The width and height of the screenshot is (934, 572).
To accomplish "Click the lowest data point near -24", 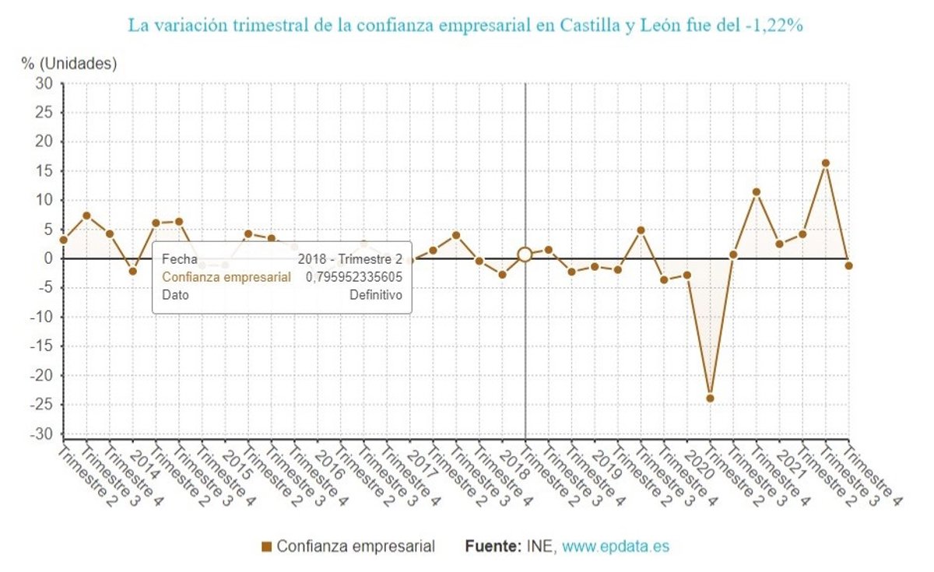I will click(x=710, y=398).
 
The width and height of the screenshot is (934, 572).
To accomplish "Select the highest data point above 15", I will click(x=826, y=163).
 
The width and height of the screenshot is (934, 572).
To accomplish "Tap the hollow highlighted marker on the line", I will click(x=525, y=254).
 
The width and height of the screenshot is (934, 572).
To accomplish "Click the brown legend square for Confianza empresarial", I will click(x=267, y=547).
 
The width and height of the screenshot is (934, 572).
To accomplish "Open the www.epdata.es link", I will click(x=616, y=546).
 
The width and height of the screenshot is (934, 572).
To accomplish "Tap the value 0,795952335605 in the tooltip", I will click(x=353, y=277).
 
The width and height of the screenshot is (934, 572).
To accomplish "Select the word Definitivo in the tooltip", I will click(x=375, y=295).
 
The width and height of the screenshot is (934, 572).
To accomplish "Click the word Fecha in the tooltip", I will click(x=179, y=259).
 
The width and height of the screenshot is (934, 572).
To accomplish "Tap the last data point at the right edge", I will click(x=848, y=265).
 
